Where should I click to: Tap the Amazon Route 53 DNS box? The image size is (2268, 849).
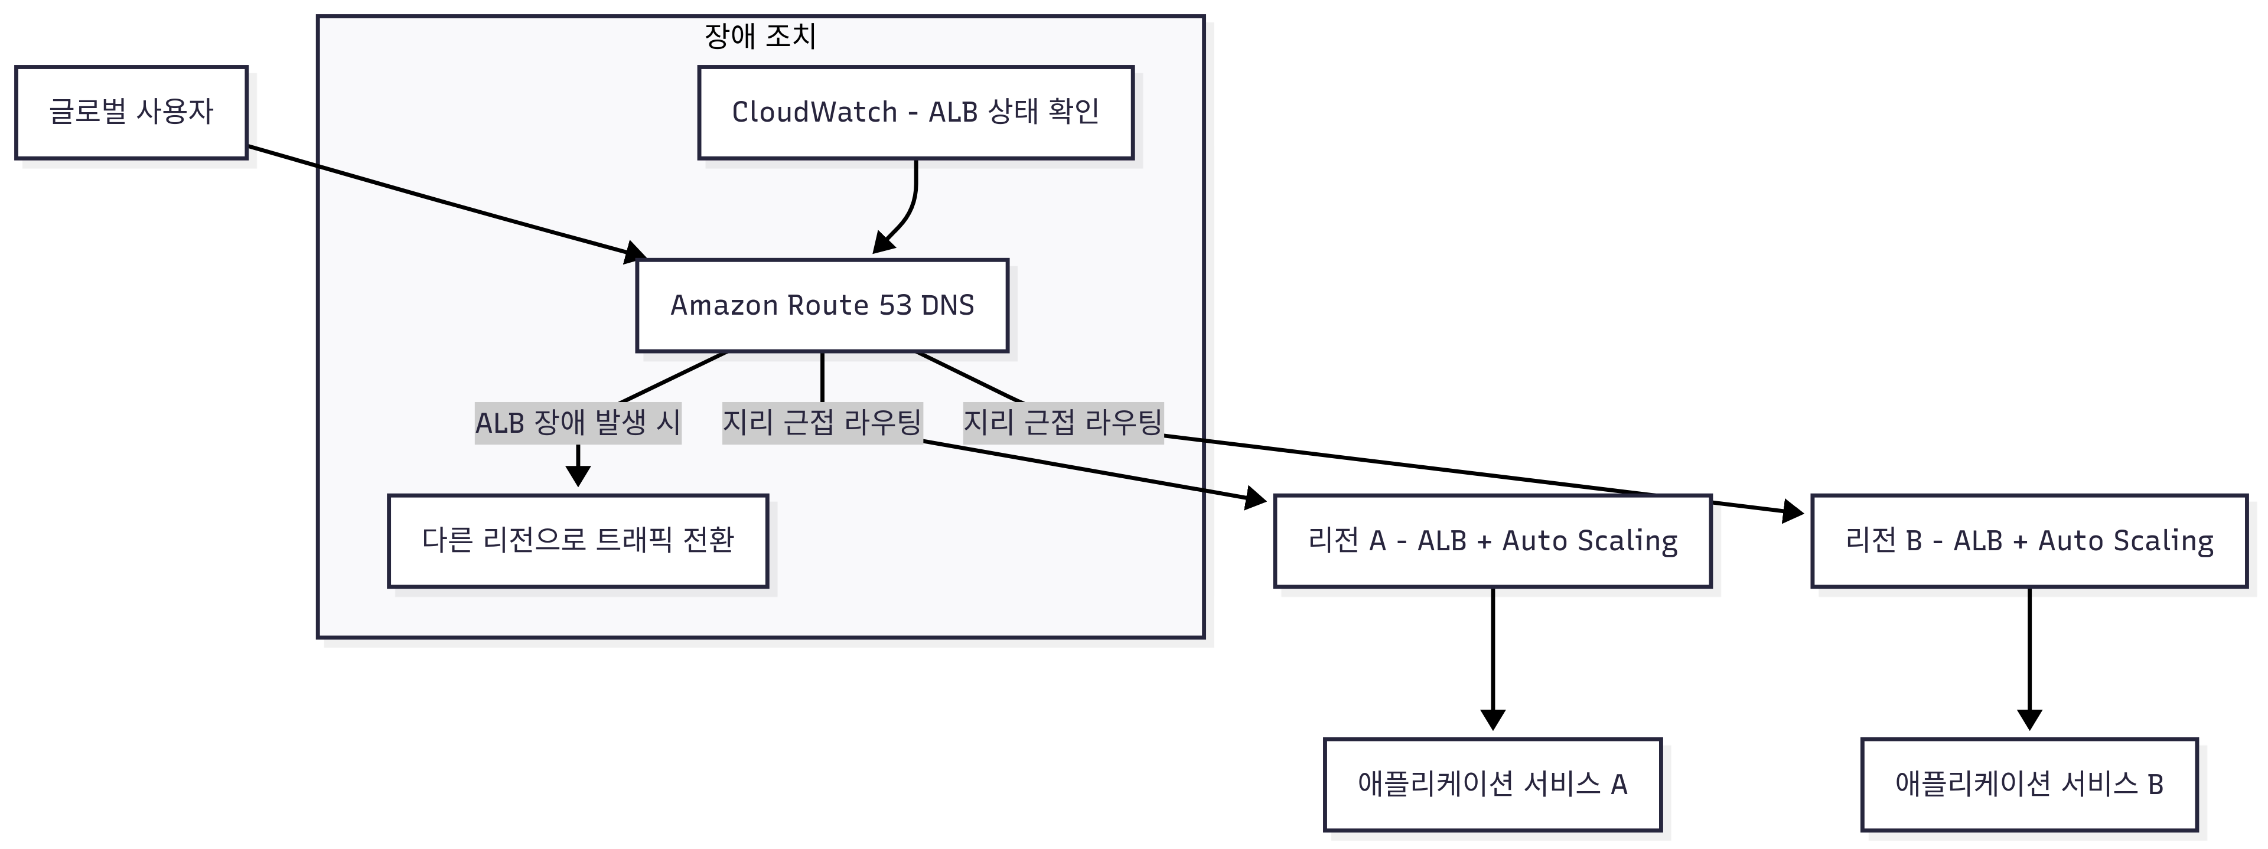click(822, 305)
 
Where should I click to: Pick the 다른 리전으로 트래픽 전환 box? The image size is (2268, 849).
click(578, 540)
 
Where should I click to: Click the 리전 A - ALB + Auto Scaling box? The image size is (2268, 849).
click(1493, 540)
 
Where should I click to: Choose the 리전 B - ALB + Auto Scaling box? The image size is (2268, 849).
click(2029, 540)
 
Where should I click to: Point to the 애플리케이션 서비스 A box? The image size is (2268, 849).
click(1493, 784)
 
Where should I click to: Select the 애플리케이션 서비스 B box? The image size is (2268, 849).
click(2029, 784)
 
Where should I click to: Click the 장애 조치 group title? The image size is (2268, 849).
click(760, 36)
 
